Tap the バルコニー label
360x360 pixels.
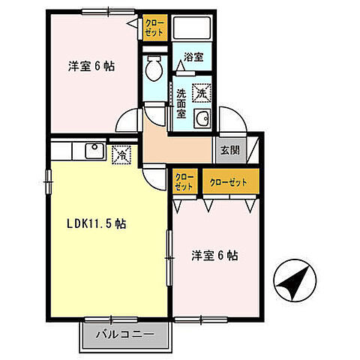(x=125, y=332)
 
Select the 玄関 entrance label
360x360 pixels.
(x=229, y=148)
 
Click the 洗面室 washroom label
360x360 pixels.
(x=181, y=103)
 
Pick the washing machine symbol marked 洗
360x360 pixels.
(x=201, y=93)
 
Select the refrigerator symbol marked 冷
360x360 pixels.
(x=119, y=155)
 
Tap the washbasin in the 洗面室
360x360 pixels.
(x=202, y=118)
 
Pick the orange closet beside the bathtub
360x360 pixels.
(x=154, y=28)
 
